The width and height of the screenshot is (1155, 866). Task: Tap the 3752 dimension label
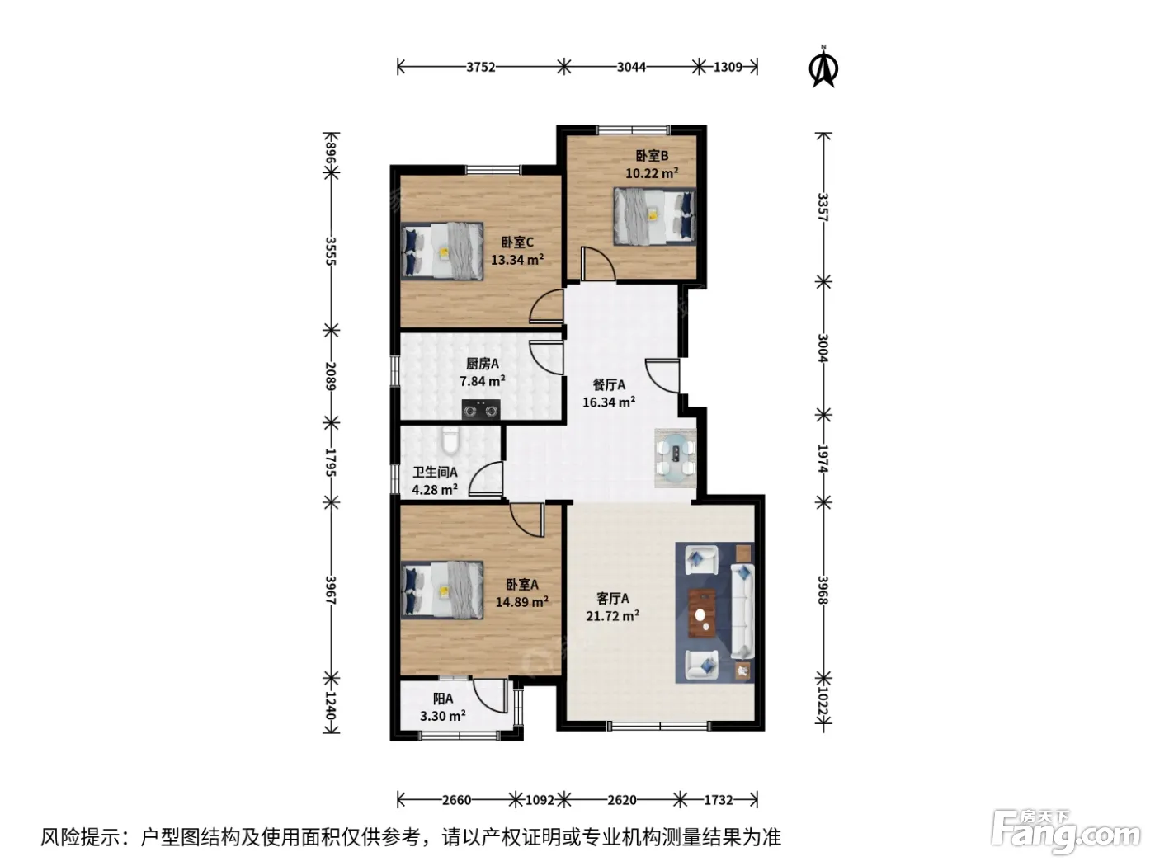pos(480,68)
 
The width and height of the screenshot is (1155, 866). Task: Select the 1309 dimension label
pos(728,68)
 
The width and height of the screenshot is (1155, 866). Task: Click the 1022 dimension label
pos(823,702)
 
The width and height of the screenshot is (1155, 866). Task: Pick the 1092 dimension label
pos(540,800)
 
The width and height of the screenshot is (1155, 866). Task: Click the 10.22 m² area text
pos(652,173)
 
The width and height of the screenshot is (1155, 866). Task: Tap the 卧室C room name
pos(516,242)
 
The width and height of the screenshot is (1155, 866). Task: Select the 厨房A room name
pos(483,364)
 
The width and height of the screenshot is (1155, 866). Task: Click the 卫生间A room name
pos(435,472)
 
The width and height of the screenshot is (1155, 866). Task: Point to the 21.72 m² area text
pos(612,615)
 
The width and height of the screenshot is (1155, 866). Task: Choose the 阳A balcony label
pos(442,699)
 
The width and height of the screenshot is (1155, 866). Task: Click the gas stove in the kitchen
pos(480,410)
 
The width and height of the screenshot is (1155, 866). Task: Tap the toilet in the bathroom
pos(450,440)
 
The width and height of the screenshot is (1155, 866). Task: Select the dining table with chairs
pos(675,458)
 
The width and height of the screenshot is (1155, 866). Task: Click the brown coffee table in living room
pos(702,613)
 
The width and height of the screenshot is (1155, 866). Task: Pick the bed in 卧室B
pos(654,216)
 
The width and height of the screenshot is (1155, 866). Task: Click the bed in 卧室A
pos(442,590)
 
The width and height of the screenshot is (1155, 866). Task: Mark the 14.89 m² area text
pos(522,601)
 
